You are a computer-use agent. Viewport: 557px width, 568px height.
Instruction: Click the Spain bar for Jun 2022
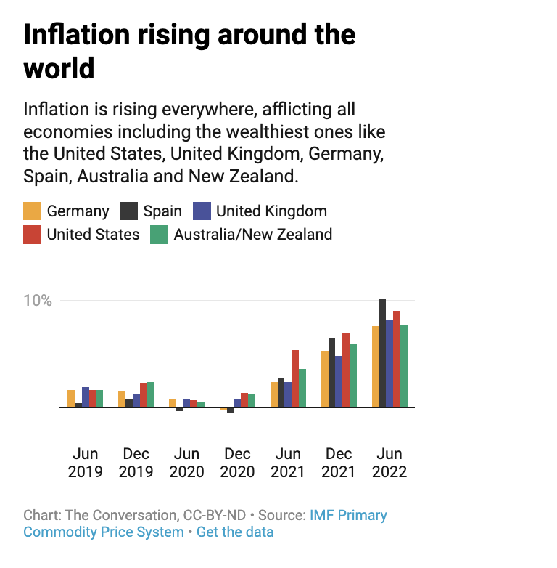point(382,353)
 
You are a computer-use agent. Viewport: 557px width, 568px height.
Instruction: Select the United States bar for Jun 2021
point(295,378)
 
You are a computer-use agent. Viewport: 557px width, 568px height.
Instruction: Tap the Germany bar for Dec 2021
point(325,379)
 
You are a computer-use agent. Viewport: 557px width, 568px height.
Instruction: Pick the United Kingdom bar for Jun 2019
point(86,397)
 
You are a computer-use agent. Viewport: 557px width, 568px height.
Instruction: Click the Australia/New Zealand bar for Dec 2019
point(150,394)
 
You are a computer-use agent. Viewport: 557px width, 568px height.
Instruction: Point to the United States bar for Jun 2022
point(397,359)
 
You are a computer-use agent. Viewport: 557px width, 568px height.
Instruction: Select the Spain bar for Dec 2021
point(332,373)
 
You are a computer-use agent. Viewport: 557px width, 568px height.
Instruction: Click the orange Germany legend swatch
point(33,211)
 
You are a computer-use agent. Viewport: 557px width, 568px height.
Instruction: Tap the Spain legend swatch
point(128,211)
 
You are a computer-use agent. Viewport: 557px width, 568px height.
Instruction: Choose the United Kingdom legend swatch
point(202,211)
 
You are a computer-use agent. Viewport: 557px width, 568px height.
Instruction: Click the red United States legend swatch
point(33,235)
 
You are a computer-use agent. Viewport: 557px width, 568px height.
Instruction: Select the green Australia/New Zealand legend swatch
point(159,235)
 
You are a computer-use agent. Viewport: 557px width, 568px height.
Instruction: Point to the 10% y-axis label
point(37,301)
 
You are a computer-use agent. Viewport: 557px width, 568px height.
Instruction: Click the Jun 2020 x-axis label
point(187,463)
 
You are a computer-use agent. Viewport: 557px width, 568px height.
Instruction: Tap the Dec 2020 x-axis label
point(238,463)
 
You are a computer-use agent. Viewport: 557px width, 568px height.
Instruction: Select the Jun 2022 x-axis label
point(389,463)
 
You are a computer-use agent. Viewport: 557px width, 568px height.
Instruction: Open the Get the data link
point(235,532)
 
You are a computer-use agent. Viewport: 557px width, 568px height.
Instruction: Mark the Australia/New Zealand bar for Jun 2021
point(302,388)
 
